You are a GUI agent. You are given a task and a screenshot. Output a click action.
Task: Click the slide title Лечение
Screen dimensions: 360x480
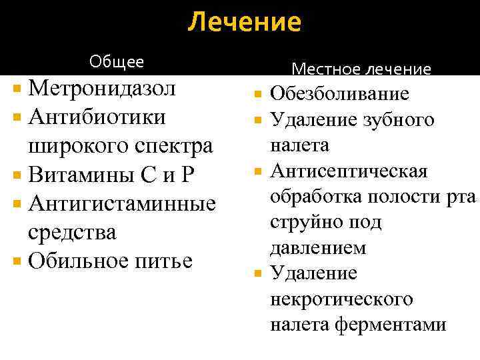pos(244,23)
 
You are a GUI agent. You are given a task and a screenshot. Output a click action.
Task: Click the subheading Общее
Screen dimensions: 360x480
pos(117,62)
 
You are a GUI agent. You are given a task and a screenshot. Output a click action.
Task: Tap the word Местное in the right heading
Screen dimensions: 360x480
pos(323,69)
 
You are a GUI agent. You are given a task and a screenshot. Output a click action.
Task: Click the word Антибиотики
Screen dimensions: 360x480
pos(97,117)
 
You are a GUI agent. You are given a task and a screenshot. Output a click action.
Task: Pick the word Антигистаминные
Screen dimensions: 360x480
pos(123,203)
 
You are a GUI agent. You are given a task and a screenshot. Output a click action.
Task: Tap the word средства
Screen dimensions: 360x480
pos(72,232)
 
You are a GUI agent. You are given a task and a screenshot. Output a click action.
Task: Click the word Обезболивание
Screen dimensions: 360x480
pos(339,95)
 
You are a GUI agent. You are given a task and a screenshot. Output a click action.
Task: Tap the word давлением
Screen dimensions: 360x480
pos(318,248)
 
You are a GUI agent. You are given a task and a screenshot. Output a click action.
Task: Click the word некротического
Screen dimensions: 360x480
pos(341,299)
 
